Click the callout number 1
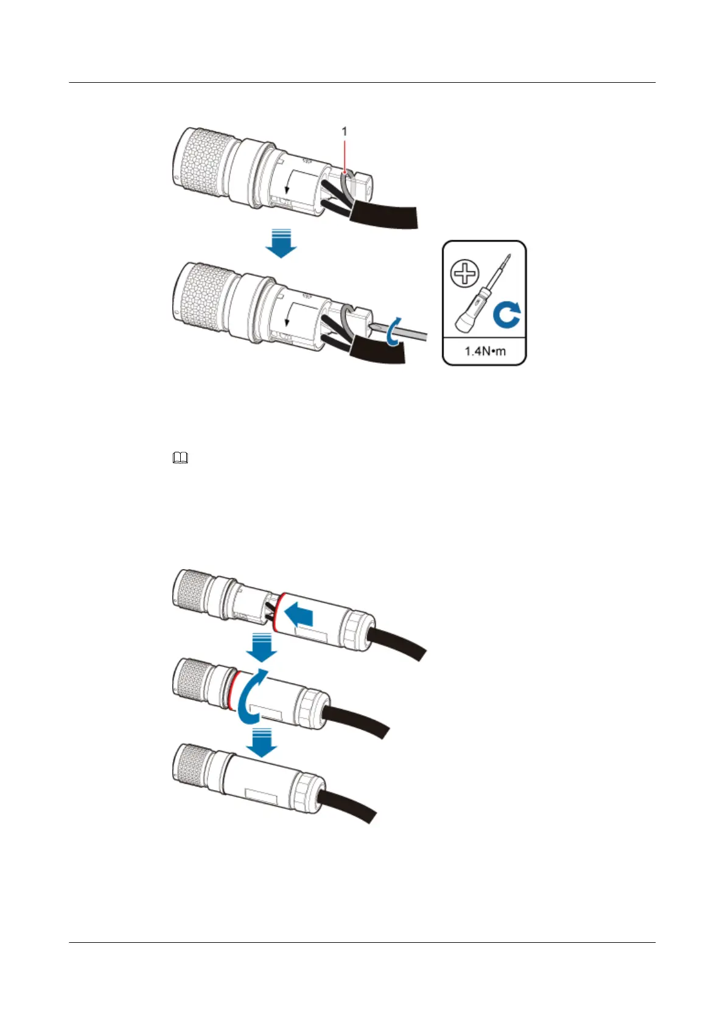tap(345, 131)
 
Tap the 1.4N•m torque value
tap(485, 351)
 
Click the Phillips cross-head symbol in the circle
tap(464, 274)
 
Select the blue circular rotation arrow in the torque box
tap(506, 315)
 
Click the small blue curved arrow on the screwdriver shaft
tap(396, 332)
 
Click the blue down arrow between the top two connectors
tap(281, 242)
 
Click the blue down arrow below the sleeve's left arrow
tap(262, 647)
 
